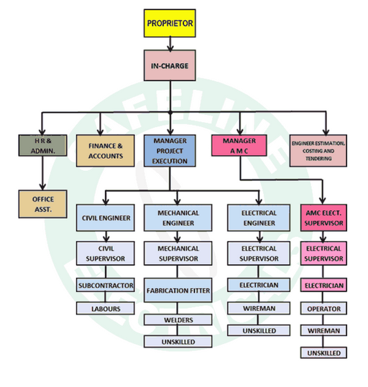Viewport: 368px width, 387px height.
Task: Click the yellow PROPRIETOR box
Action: (x=170, y=24)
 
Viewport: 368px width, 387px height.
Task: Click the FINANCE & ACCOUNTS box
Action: (x=106, y=150)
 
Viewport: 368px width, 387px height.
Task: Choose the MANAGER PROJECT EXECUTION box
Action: (x=170, y=150)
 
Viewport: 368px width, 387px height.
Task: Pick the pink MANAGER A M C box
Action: (x=238, y=146)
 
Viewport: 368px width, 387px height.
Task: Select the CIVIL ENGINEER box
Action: (x=105, y=218)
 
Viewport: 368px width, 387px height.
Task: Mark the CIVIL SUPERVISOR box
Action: (x=105, y=253)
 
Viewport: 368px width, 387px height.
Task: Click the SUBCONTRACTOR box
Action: (x=105, y=286)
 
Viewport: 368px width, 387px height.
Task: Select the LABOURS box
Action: (x=105, y=308)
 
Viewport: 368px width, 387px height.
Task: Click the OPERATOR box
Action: (x=323, y=308)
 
